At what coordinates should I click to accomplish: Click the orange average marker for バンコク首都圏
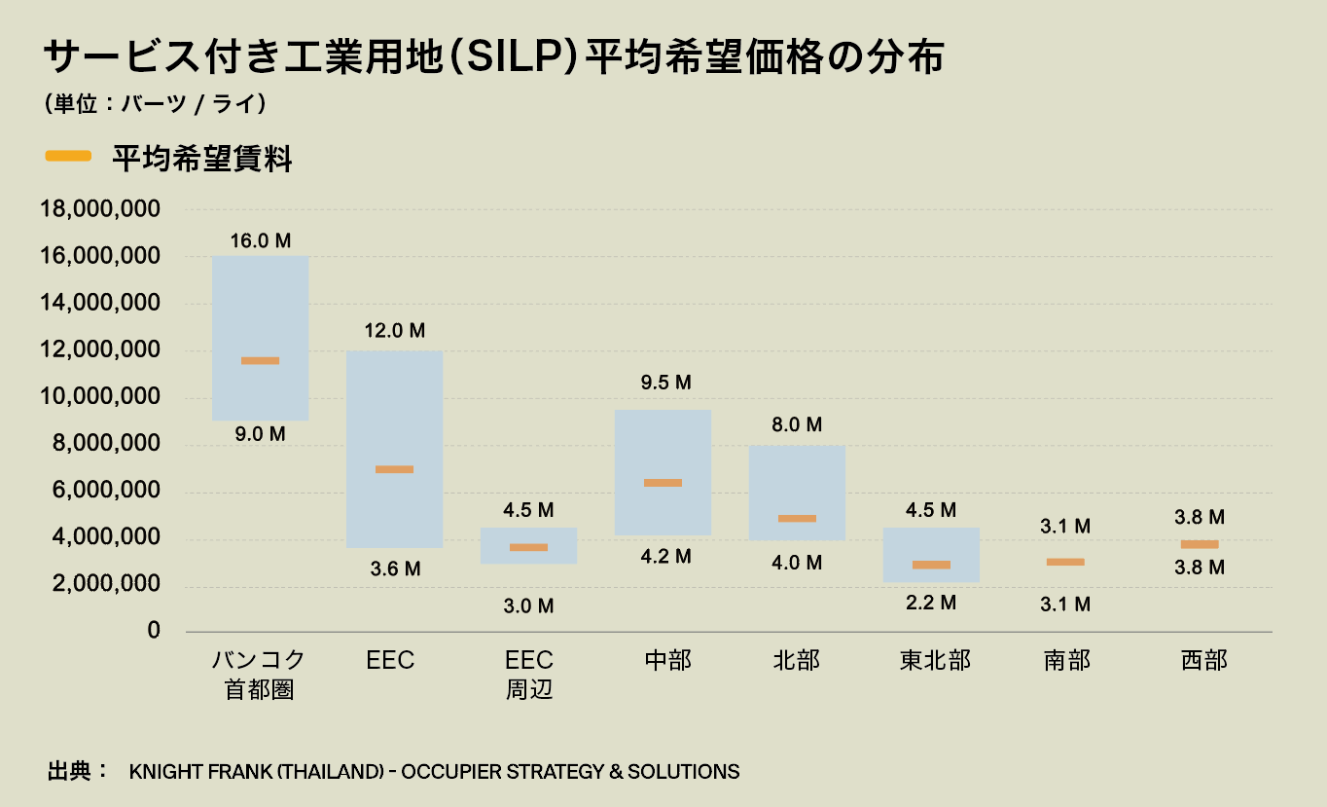[x=260, y=361]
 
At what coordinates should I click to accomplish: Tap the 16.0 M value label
[x=261, y=240]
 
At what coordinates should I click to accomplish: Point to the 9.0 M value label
[x=261, y=434]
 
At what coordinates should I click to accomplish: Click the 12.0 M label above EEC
[x=395, y=331]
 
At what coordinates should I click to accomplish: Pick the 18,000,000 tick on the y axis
[x=99, y=209]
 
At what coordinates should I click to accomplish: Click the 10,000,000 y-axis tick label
[x=99, y=397]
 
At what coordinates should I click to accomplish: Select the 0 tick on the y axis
[x=153, y=631]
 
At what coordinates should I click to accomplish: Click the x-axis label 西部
[x=1203, y=661]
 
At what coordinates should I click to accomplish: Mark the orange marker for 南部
[x=1065, y=562]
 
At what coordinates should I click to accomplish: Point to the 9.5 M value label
[x=663, y=383]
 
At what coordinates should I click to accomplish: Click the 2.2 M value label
[x=931, y=604]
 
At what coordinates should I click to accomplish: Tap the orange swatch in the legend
[x=68, y=156]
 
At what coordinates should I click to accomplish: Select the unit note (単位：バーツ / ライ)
[x=156, y=104]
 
